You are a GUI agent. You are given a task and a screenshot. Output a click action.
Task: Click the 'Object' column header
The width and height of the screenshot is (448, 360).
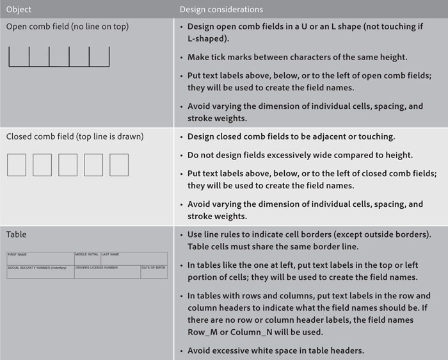[19, 10]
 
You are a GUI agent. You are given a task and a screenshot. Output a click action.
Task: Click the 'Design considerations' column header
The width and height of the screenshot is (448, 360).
[221, 10]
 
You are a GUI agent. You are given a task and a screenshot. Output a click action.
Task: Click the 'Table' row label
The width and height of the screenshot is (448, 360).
[17, 234]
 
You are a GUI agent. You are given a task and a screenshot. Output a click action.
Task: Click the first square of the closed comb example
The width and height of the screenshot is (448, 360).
[17, 165]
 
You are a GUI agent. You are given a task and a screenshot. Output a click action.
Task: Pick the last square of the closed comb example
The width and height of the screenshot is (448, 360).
[119, 165]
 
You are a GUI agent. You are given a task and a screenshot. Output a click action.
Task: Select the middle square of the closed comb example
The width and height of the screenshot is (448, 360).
[68, 165]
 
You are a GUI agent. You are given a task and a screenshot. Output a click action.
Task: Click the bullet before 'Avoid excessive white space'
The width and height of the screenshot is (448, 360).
[182, 351]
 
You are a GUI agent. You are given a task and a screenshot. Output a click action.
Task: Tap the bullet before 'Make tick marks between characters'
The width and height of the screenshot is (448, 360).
[182, 57]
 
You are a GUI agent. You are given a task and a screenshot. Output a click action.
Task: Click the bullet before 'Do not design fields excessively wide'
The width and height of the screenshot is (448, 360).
[182, 155]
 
